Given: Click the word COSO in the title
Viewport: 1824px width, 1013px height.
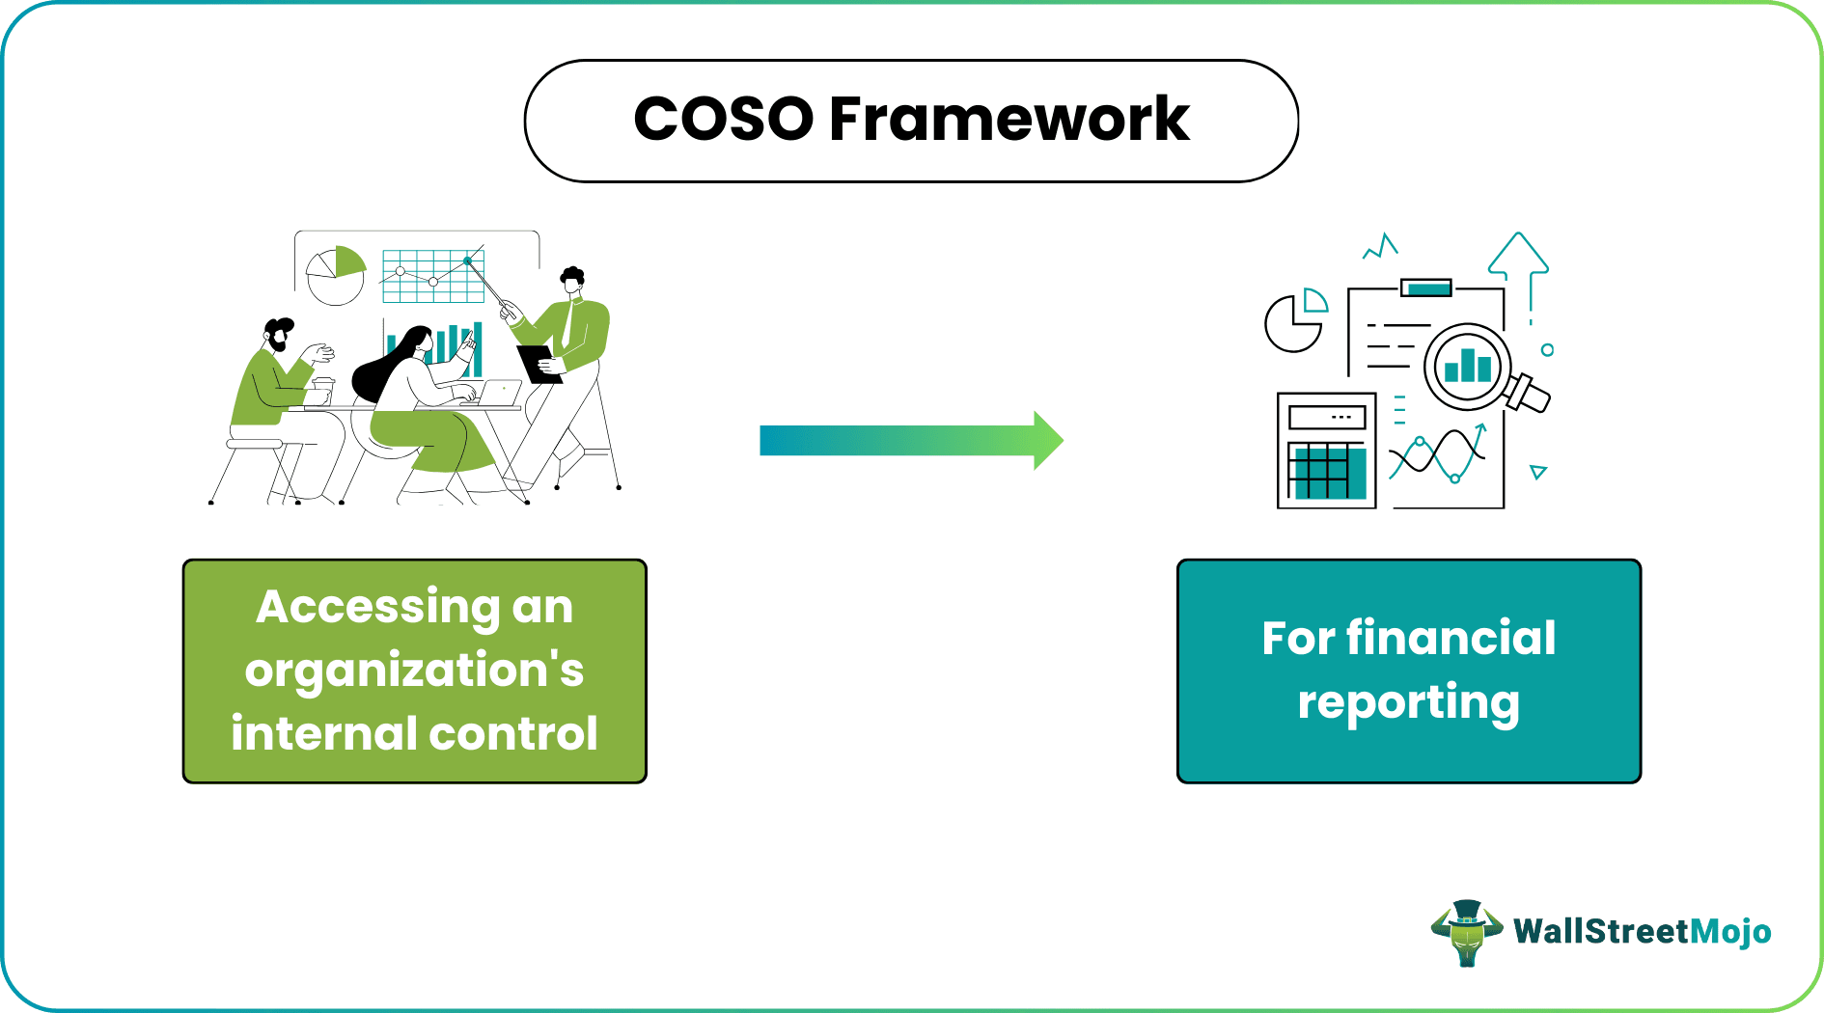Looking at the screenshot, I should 724,120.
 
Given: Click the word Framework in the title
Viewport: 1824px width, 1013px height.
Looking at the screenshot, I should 1009,120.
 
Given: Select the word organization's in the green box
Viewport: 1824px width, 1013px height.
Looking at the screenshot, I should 414,671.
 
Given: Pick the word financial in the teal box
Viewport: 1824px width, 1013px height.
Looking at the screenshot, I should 1451,638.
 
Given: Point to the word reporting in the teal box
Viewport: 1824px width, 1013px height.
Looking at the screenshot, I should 1408,702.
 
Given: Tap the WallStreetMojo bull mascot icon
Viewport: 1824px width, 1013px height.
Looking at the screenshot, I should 1466,932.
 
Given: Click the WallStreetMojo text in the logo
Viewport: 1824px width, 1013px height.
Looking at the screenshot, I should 1642,931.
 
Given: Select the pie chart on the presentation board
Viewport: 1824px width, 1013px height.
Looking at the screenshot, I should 336,275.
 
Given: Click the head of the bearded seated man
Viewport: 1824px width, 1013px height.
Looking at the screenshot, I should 279,335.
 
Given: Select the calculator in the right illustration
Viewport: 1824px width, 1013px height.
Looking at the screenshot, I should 1326,450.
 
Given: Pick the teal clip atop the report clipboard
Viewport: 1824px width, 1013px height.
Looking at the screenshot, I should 1425,287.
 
